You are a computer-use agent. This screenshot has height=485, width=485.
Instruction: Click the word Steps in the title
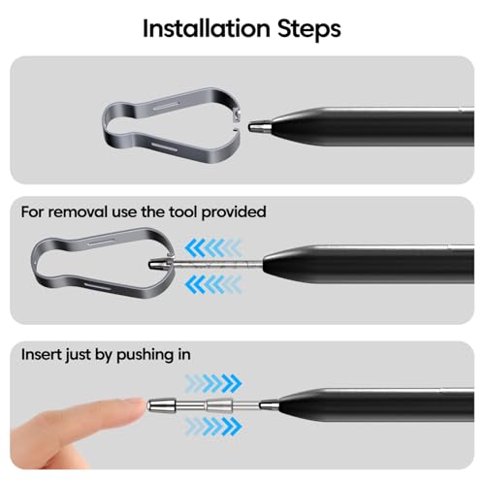(x=309, y=28)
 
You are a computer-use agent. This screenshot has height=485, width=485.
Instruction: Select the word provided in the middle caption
(x=234, y=210)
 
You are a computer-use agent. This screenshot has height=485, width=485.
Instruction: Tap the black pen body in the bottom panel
(x=398, y=401)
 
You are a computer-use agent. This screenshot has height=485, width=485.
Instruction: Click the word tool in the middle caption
(x=186, y=210)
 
